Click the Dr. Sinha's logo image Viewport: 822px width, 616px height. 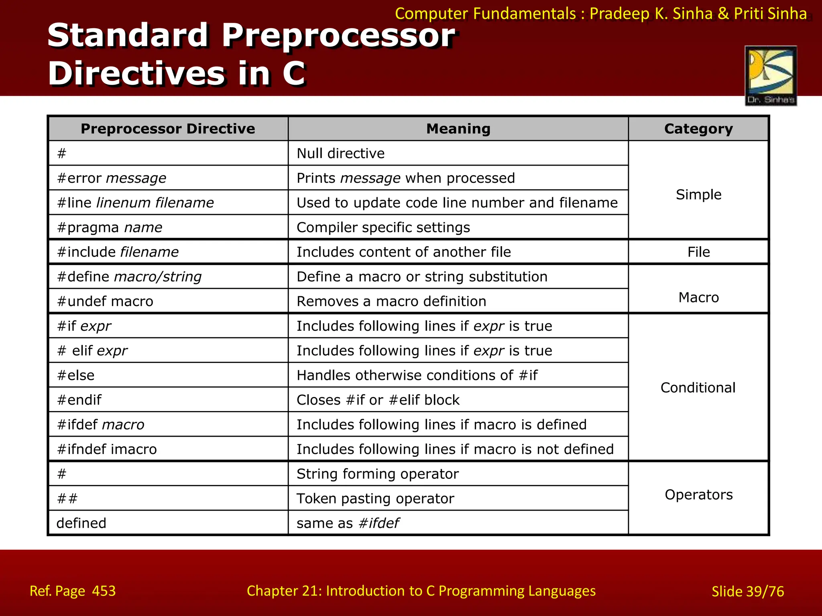tap(771, 75)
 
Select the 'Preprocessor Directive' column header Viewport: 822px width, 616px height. tap(168, 129)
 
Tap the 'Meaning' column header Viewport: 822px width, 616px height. tap(458, 129)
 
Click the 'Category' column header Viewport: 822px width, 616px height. tap(698, 129)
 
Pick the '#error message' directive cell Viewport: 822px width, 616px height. tap(112, 178)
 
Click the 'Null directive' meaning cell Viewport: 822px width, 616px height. tap(340, 154)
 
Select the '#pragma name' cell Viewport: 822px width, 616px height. tap(110, 227)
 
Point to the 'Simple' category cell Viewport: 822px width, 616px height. tap(698, 195)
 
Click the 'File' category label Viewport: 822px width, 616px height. tap(698, 252)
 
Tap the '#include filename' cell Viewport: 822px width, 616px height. tap(118, 252)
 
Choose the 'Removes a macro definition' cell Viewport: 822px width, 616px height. tap(391, 301)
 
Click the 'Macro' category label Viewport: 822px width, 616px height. tap(698, 297)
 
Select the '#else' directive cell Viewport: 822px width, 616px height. tap(76, 375)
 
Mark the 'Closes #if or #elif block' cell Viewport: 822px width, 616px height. tap(378, 400)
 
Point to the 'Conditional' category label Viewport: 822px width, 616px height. tap(698, 387)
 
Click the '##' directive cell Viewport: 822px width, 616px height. tap(67, 498)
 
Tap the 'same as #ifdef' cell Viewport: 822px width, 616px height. tap(348, 523)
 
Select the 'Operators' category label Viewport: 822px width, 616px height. tap(698, 494)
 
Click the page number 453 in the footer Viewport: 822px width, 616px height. tap(104, 591)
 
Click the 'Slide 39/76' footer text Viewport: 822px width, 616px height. tap(747, 591)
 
